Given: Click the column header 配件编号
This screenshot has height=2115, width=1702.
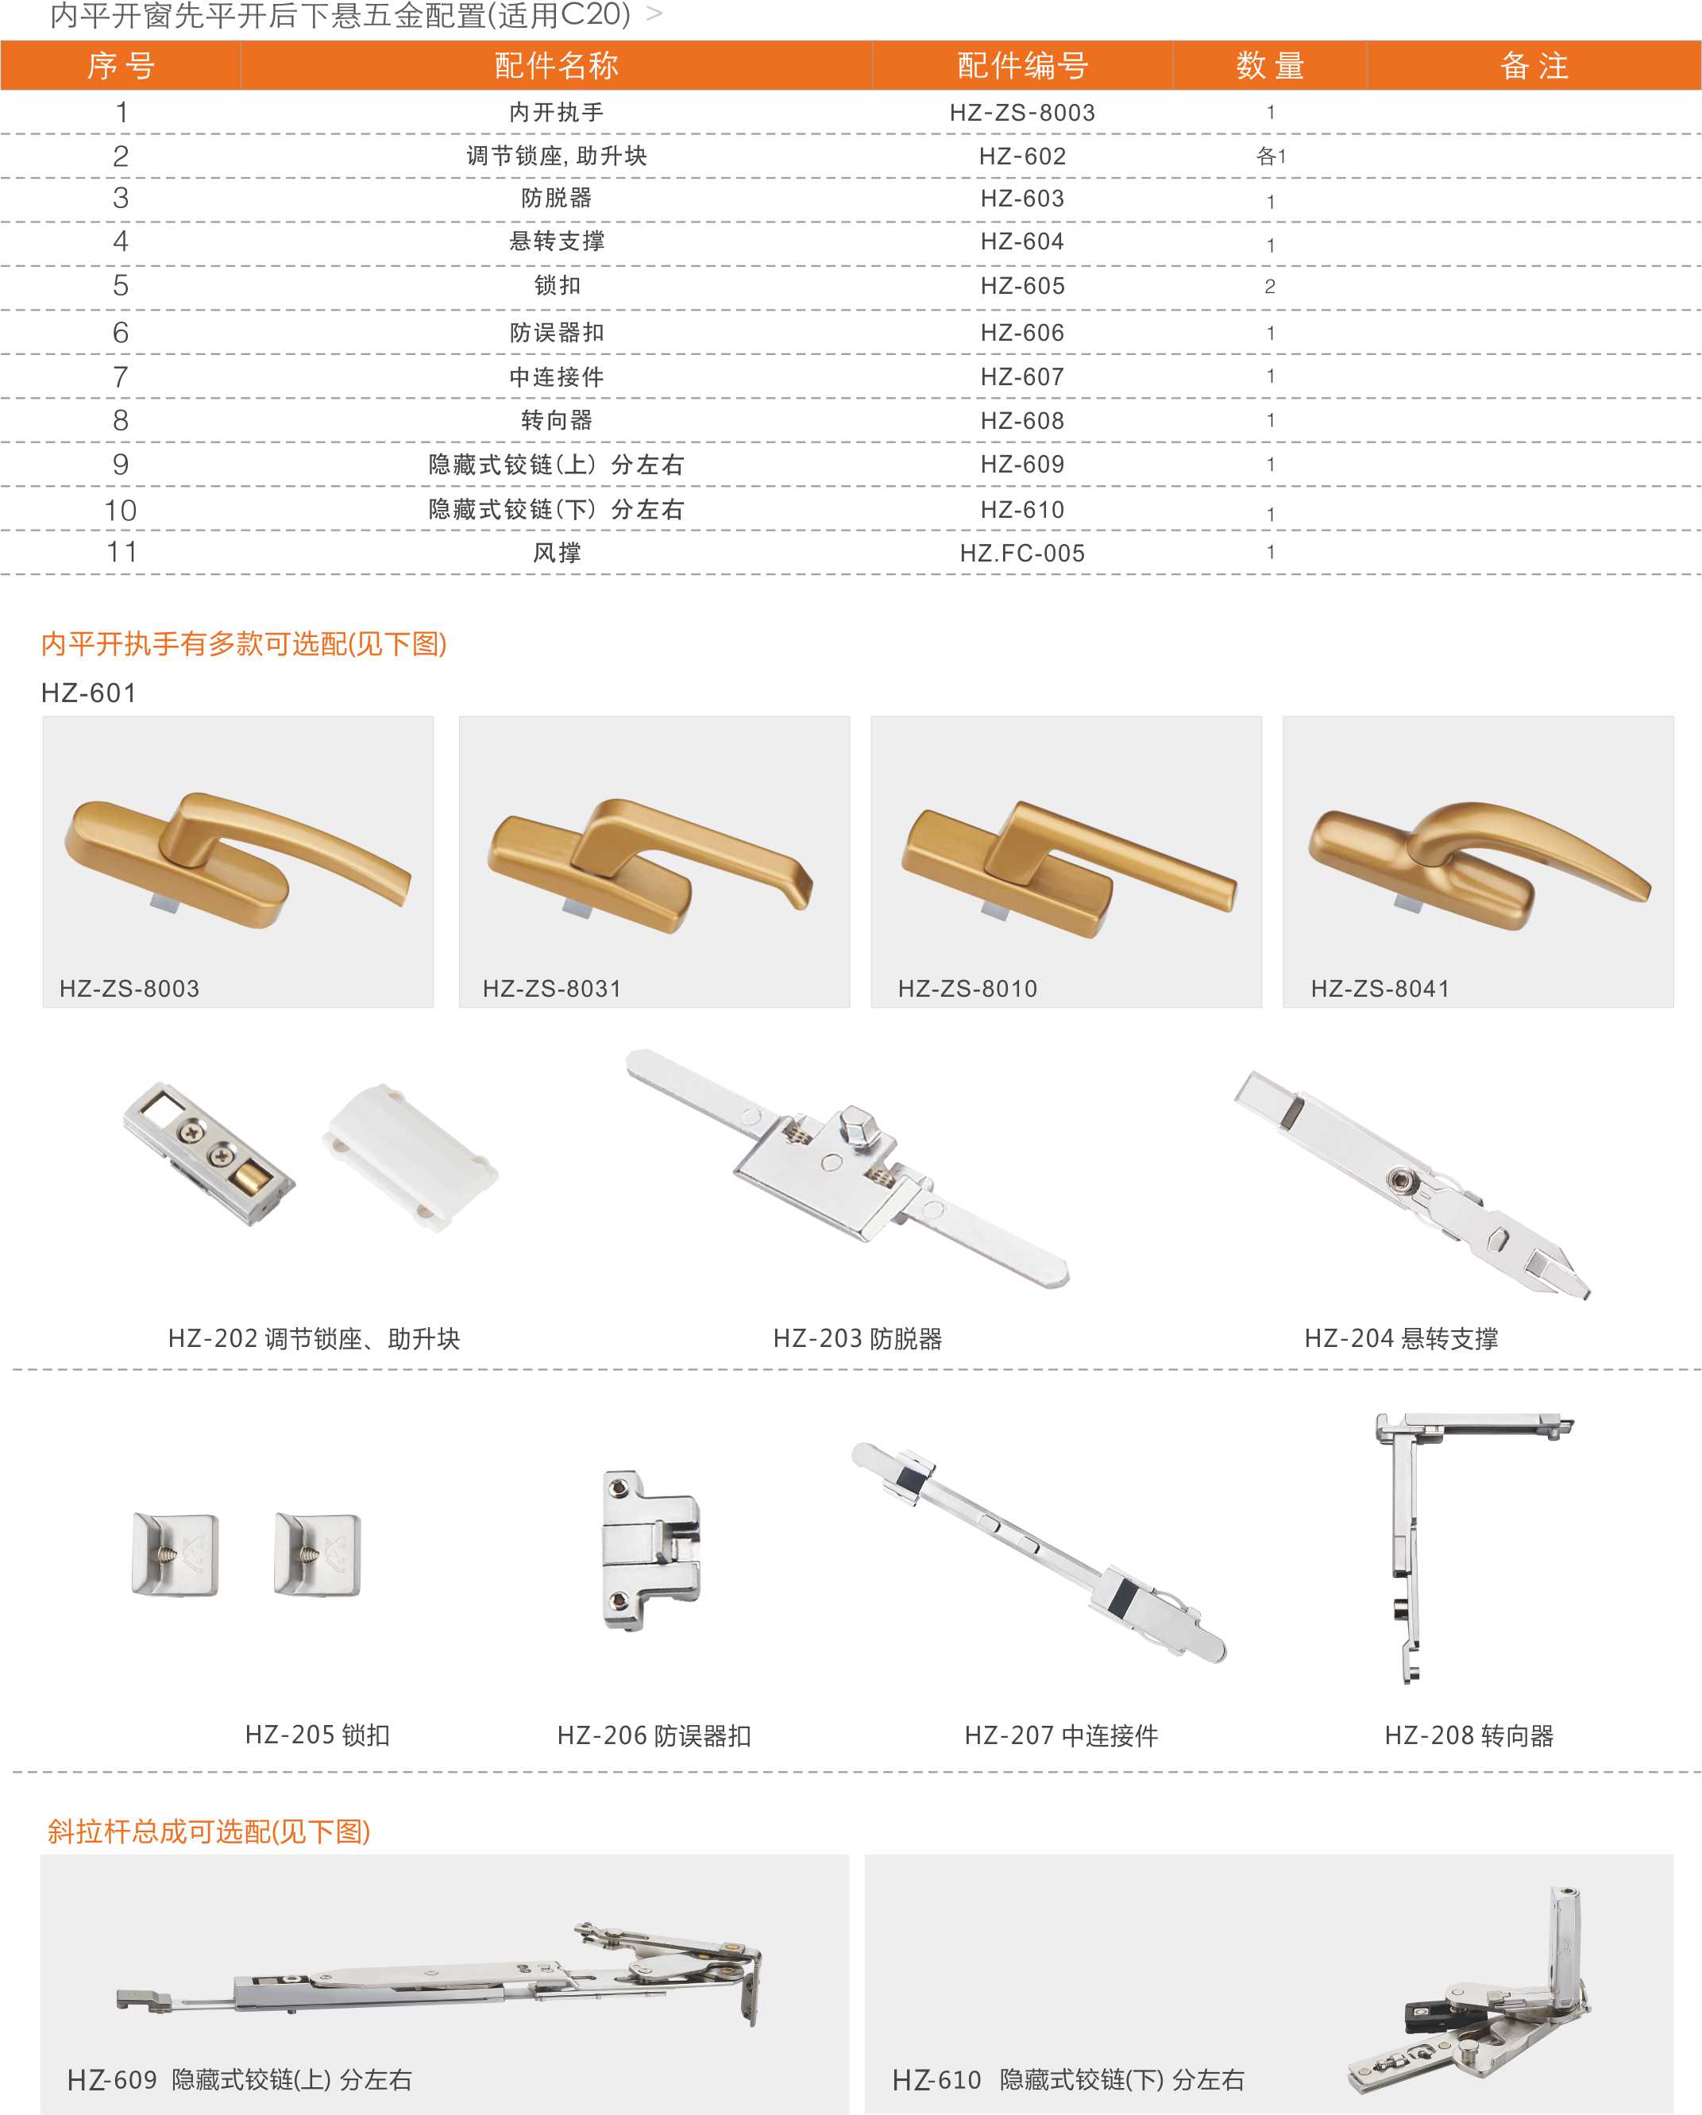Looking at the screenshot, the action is click(x=1022, y=66).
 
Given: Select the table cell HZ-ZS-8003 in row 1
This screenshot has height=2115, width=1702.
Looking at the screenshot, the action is click(x=1022, y=113).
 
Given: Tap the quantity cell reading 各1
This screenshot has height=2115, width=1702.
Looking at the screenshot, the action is click(x=1271, y=156).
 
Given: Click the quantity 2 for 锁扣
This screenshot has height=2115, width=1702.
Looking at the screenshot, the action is click(x=1271, y=287).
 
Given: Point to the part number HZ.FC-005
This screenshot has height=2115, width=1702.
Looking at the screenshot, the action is click(x=1022, y=554).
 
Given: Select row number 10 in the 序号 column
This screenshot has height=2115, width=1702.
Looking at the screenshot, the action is click(x=121, y=510).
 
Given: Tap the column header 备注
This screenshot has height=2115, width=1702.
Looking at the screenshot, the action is click(x=1534, y=66).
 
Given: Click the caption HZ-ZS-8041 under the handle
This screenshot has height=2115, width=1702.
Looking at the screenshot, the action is click(x=1380, y=989).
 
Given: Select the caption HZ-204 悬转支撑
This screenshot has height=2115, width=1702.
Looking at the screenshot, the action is click(x=1401, y=1339).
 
